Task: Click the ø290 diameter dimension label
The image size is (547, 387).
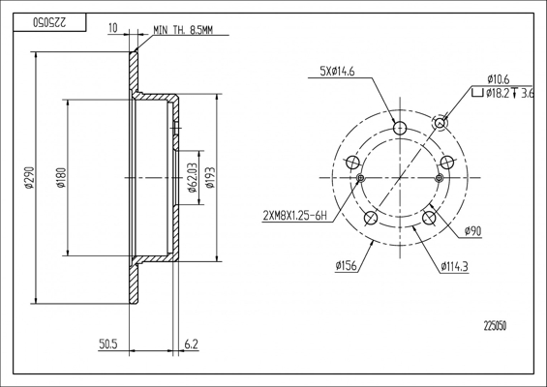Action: [30, 178]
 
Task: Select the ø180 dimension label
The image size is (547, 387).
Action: [61, 178]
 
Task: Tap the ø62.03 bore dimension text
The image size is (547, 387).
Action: [193, 177]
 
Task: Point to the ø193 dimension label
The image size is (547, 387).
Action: [210, 178]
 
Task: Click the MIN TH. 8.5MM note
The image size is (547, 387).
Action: [183, 30]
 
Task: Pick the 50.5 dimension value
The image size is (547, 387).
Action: [108, 344]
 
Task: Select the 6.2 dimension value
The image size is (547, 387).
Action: [191, 344]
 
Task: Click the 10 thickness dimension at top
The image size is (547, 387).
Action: [113, 28]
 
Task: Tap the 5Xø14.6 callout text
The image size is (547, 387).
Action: [337, 72]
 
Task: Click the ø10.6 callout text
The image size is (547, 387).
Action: [499, 79]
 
